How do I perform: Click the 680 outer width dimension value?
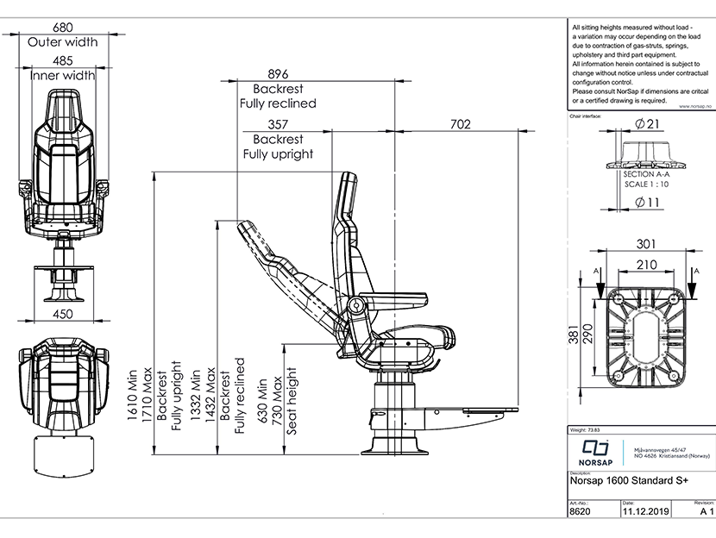click(x=62, y=27)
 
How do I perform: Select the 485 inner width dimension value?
click(x=62, y=60)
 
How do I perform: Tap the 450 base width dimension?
click(x=62, y=314)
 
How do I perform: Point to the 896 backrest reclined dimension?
click(x=278, y=74)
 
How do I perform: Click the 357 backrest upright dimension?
click(x=278, y=124)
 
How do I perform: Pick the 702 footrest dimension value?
click(x=461, y=124)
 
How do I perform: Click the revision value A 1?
click(x=706, y=510)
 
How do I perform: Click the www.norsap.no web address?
click(x=695, y=107)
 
